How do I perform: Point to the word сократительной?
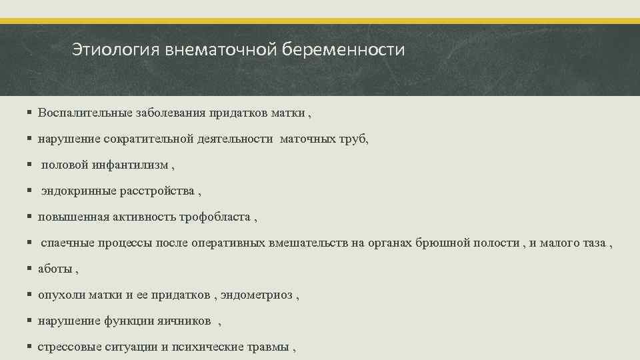[149, 139]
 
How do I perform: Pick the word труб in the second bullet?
[353, 139]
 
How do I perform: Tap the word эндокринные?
[79, 191]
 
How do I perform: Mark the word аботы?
[55, 269]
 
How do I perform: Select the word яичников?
[182, 321]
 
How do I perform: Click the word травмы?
[269, 347]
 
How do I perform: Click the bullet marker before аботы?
[31, 269]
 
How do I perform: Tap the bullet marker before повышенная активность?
[31, 217]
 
